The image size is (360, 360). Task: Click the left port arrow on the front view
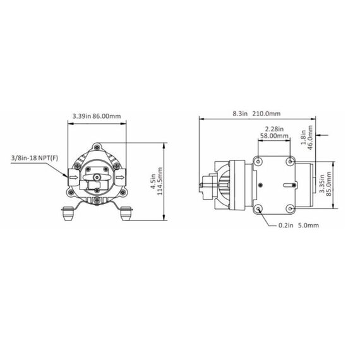coord(73,178)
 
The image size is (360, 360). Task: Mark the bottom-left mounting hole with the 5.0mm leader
coord(260,209)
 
